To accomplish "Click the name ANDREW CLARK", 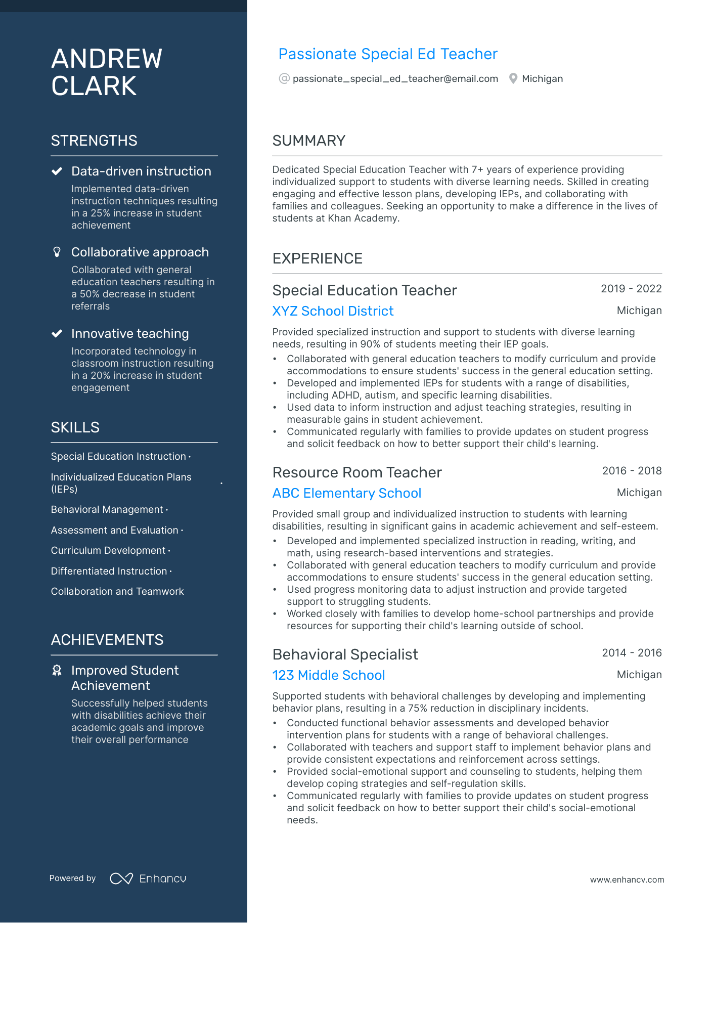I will click(107, 72).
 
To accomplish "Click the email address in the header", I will click(395, 79).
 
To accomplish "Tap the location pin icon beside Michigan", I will click(513, 79).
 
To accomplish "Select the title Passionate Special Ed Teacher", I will click(388, 54).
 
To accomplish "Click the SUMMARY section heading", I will click(308, 141).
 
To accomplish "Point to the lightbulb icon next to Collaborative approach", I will click(57, 252).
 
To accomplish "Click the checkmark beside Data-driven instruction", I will click(57, 171).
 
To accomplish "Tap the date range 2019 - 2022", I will click(631, 289).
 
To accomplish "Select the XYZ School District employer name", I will click(333, 311).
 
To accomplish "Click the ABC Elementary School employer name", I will click(346, 493).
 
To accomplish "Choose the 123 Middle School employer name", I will click(329, 675).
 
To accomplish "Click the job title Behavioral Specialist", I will click(345, 654).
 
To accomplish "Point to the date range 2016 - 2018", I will click(632, 471).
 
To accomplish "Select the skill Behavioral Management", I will click(107, 510).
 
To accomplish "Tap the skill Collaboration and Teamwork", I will click(117, 592).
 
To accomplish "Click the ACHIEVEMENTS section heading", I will click(107, 640).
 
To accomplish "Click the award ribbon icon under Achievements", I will click(57, 671).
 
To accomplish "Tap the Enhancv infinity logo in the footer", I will click(121, 879).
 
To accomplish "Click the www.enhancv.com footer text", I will click(627, 880).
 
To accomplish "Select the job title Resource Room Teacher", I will click(357, 472).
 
